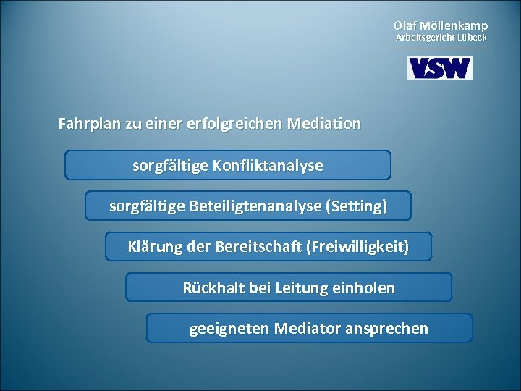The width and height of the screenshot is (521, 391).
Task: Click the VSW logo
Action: (x=440, y=68)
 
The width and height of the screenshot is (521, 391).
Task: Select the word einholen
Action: (x=366, y=288)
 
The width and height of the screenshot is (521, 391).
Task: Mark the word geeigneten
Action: (x=229, y=329)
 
